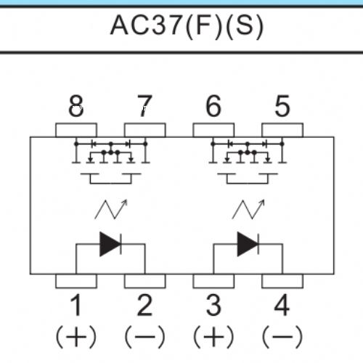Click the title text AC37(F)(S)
187,26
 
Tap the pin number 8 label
76,106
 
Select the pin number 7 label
144,106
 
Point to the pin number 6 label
213,106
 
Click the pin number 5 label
282,106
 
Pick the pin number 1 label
76,305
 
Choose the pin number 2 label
144,305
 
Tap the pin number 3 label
213,305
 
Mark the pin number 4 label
282,305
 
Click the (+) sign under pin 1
76,337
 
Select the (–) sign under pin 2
144,337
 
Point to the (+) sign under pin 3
213,337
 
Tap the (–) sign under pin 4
282,337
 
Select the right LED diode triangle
248,244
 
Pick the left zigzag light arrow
111,210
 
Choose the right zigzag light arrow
248,210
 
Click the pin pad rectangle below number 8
76,130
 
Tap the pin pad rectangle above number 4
282,281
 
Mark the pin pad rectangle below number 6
213,130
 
